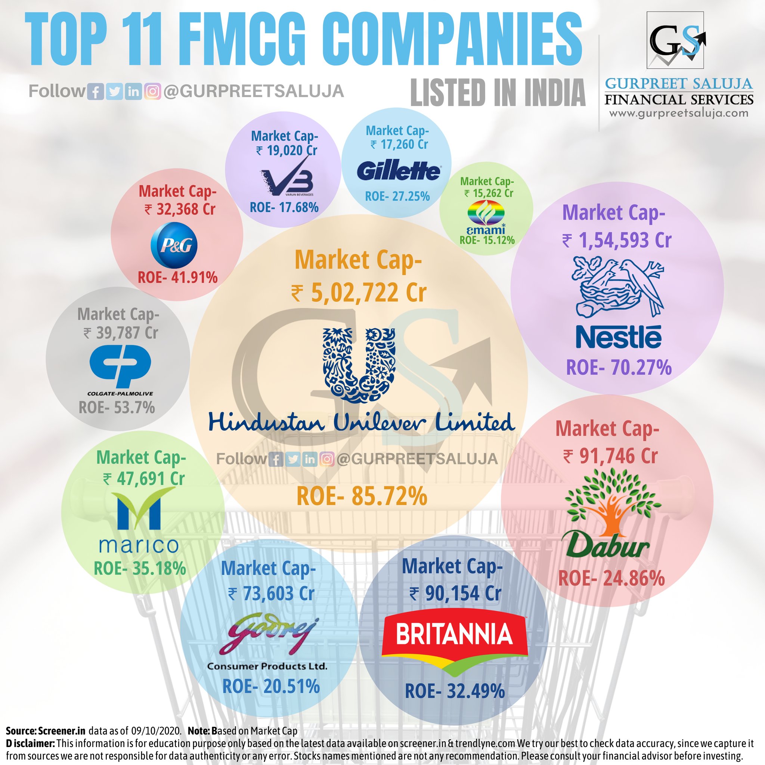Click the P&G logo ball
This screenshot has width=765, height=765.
(x=174, y=245)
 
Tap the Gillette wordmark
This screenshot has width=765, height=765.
(x=398, y=171)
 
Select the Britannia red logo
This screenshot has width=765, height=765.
(x=454, y=645)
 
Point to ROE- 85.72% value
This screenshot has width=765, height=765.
(x=362, y=496)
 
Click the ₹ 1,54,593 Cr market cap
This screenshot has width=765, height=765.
(x=617, y=240)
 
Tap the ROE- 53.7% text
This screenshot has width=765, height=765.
(x=117, y=408)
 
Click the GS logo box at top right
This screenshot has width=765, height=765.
(x=675, y=40)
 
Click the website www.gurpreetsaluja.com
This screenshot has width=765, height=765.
(x=679, y=113)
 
